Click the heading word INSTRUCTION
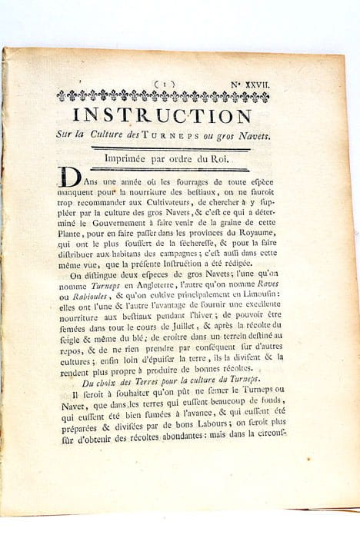click(x=162, y=116)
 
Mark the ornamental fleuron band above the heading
click(x=162, y=96)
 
